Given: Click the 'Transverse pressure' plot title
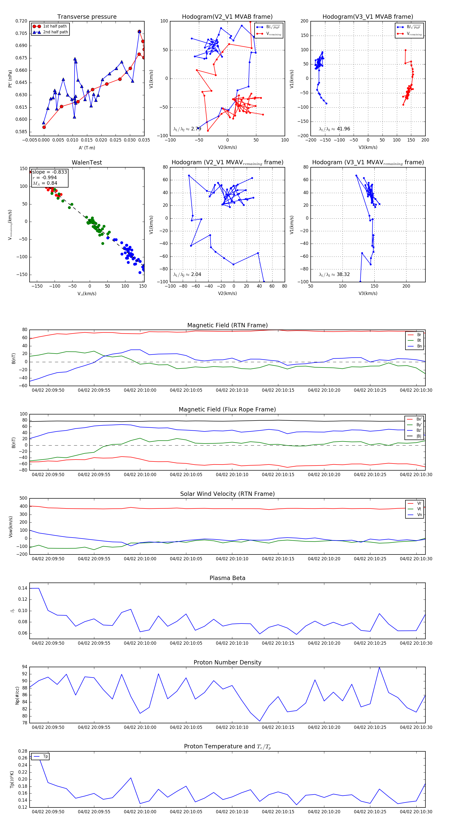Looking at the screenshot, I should point(87,17).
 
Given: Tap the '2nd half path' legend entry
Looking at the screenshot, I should point(55,32).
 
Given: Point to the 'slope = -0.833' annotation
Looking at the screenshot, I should point(50,172).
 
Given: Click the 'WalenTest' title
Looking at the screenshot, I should point(87,163).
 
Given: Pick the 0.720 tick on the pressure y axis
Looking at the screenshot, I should point(21,21).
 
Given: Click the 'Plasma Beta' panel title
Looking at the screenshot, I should point(227,578).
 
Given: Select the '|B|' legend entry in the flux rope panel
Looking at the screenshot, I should point(419,436).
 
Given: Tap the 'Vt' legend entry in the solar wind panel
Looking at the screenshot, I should point(419,509).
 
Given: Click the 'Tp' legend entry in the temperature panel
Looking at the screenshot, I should point(45,757).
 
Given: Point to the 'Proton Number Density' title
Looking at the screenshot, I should point(227,662).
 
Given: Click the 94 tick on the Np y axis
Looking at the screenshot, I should point(25,667).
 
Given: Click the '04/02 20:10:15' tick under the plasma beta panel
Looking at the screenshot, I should point(278,643).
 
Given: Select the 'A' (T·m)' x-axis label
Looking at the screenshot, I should point(87,148).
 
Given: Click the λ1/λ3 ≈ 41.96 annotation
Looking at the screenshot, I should point(334,129).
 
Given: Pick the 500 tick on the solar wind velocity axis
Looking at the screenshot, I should point(23,498).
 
